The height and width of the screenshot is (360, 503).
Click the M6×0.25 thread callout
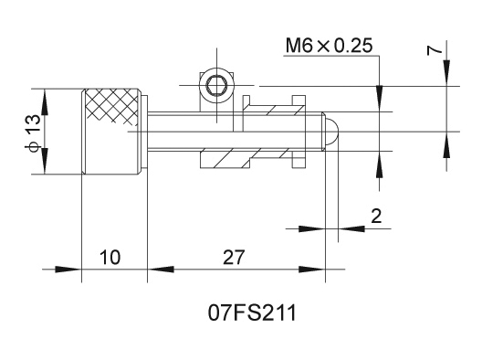(x=330, y=46)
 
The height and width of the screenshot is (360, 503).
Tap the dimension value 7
(x=435, y=51)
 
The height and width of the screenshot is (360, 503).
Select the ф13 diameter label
(x=34, y=132)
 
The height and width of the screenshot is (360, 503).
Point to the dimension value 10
(x=110, y=257)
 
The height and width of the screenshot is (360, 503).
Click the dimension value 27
(x=234, y=257)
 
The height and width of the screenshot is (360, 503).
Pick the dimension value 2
(x=376, y=216)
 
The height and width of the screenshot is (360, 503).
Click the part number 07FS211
(x=252, y=312)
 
